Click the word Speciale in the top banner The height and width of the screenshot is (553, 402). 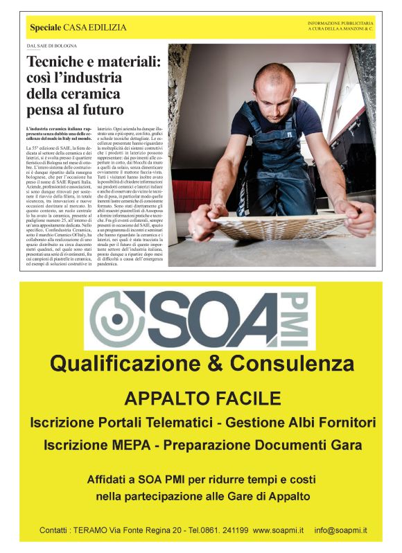[45, 28]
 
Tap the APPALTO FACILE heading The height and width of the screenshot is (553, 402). [202, 398]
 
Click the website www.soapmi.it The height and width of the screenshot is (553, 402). [279, 531]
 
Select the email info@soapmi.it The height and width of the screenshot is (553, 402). [340, 531]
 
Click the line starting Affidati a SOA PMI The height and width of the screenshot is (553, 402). [202, 480]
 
